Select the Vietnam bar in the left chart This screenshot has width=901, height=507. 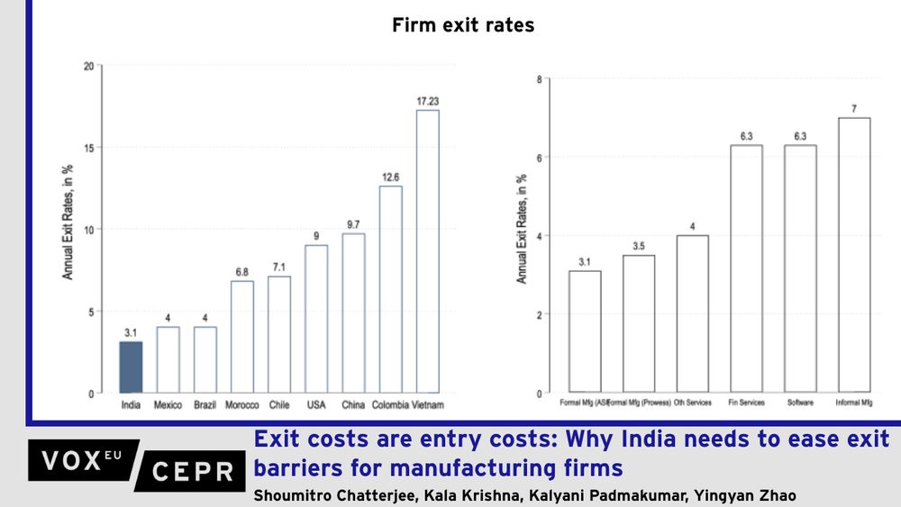pyautogui.click(x=427, y=252)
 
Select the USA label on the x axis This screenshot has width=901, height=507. pyautogui.click(x=316, y=405)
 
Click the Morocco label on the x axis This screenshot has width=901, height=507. pyautogui.click(x=242, y=405)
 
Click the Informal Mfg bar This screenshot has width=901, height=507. pyautogui.click(x=853, y=256)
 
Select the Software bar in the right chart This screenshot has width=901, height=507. pyautogui.click(x=799, y=269)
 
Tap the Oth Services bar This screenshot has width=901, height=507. pyautogui.click(x=692, y=314)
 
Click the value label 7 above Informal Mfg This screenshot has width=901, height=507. pyautogui.click(x=853, y=109)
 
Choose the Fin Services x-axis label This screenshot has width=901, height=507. pyautogui.click(x=746, y=403)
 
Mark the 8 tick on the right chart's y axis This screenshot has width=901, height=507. pyautogui.click(x=538, y=78)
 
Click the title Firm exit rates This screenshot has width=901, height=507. pyautogui.click(x=463, y=25)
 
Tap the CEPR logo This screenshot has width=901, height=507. pyautogui.click(x=192, y=471)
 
